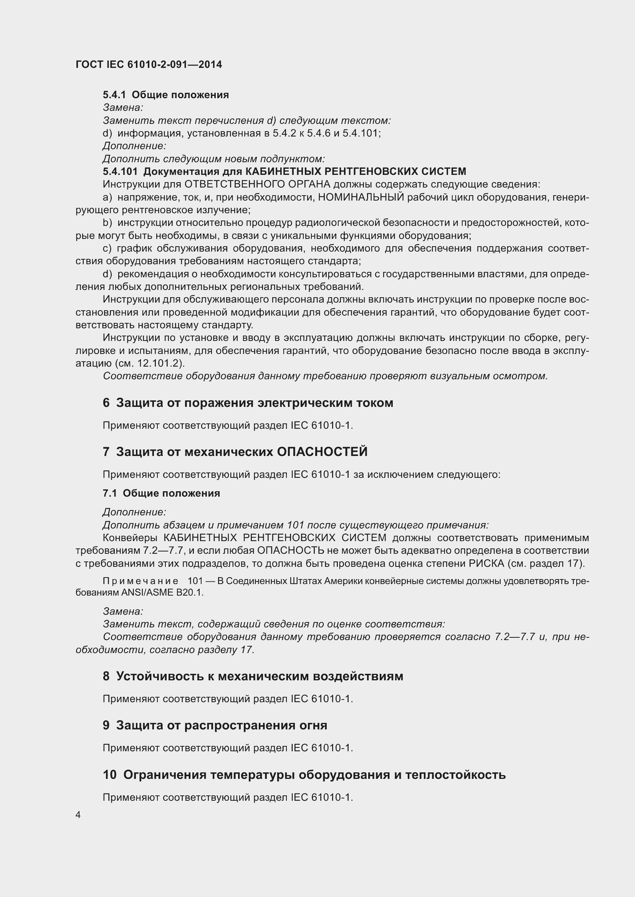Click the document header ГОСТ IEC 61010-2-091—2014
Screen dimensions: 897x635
[149, 64]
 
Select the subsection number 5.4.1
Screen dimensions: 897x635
[114, 95]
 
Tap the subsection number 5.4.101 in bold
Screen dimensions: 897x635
[120, 171]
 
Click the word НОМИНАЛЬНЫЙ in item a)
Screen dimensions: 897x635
[361, 197]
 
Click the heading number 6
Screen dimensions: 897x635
[106, 403]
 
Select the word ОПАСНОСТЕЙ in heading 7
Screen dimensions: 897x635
[322, 452]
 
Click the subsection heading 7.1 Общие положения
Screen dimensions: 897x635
[161, 494]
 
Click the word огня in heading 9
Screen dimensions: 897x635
[313, 726]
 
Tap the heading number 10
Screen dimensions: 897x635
[109, 775]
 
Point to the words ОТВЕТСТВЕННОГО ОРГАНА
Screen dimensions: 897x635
[257, 184]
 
